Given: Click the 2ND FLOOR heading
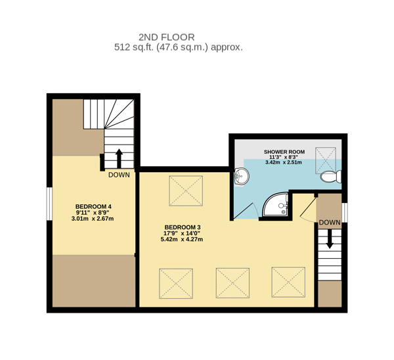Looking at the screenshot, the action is pos(167,37).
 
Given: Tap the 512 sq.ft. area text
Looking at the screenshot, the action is pos(134,47).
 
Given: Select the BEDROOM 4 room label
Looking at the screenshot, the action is pos(93,207).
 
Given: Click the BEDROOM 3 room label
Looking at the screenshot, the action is pos(183,227).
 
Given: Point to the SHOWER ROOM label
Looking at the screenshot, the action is pos(284,152).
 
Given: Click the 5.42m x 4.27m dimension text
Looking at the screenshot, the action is pos(182,239).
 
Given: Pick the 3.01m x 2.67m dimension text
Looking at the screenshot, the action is pos(93,219).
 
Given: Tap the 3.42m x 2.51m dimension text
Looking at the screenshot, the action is pos(284,162).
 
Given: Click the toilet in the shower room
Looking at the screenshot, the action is pos(331,177).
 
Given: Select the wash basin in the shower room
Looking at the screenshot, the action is pos(241,177).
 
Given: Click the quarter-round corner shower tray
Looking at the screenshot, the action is pos(275,204).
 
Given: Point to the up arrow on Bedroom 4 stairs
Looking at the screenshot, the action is pos(119,158).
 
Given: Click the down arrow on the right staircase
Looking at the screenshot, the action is pos(330,239).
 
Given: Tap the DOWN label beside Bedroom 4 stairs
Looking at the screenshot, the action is pos(119,175).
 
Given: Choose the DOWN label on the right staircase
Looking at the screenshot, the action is pos(330,223).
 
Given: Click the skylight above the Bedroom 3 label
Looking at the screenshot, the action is pos(186,191).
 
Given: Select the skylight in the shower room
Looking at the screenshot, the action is pos(326,160).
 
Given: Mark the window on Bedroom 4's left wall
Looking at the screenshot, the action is pos(49,204).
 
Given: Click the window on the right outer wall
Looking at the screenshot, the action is pos(345,213).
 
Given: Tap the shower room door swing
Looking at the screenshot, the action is pos(246,211).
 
